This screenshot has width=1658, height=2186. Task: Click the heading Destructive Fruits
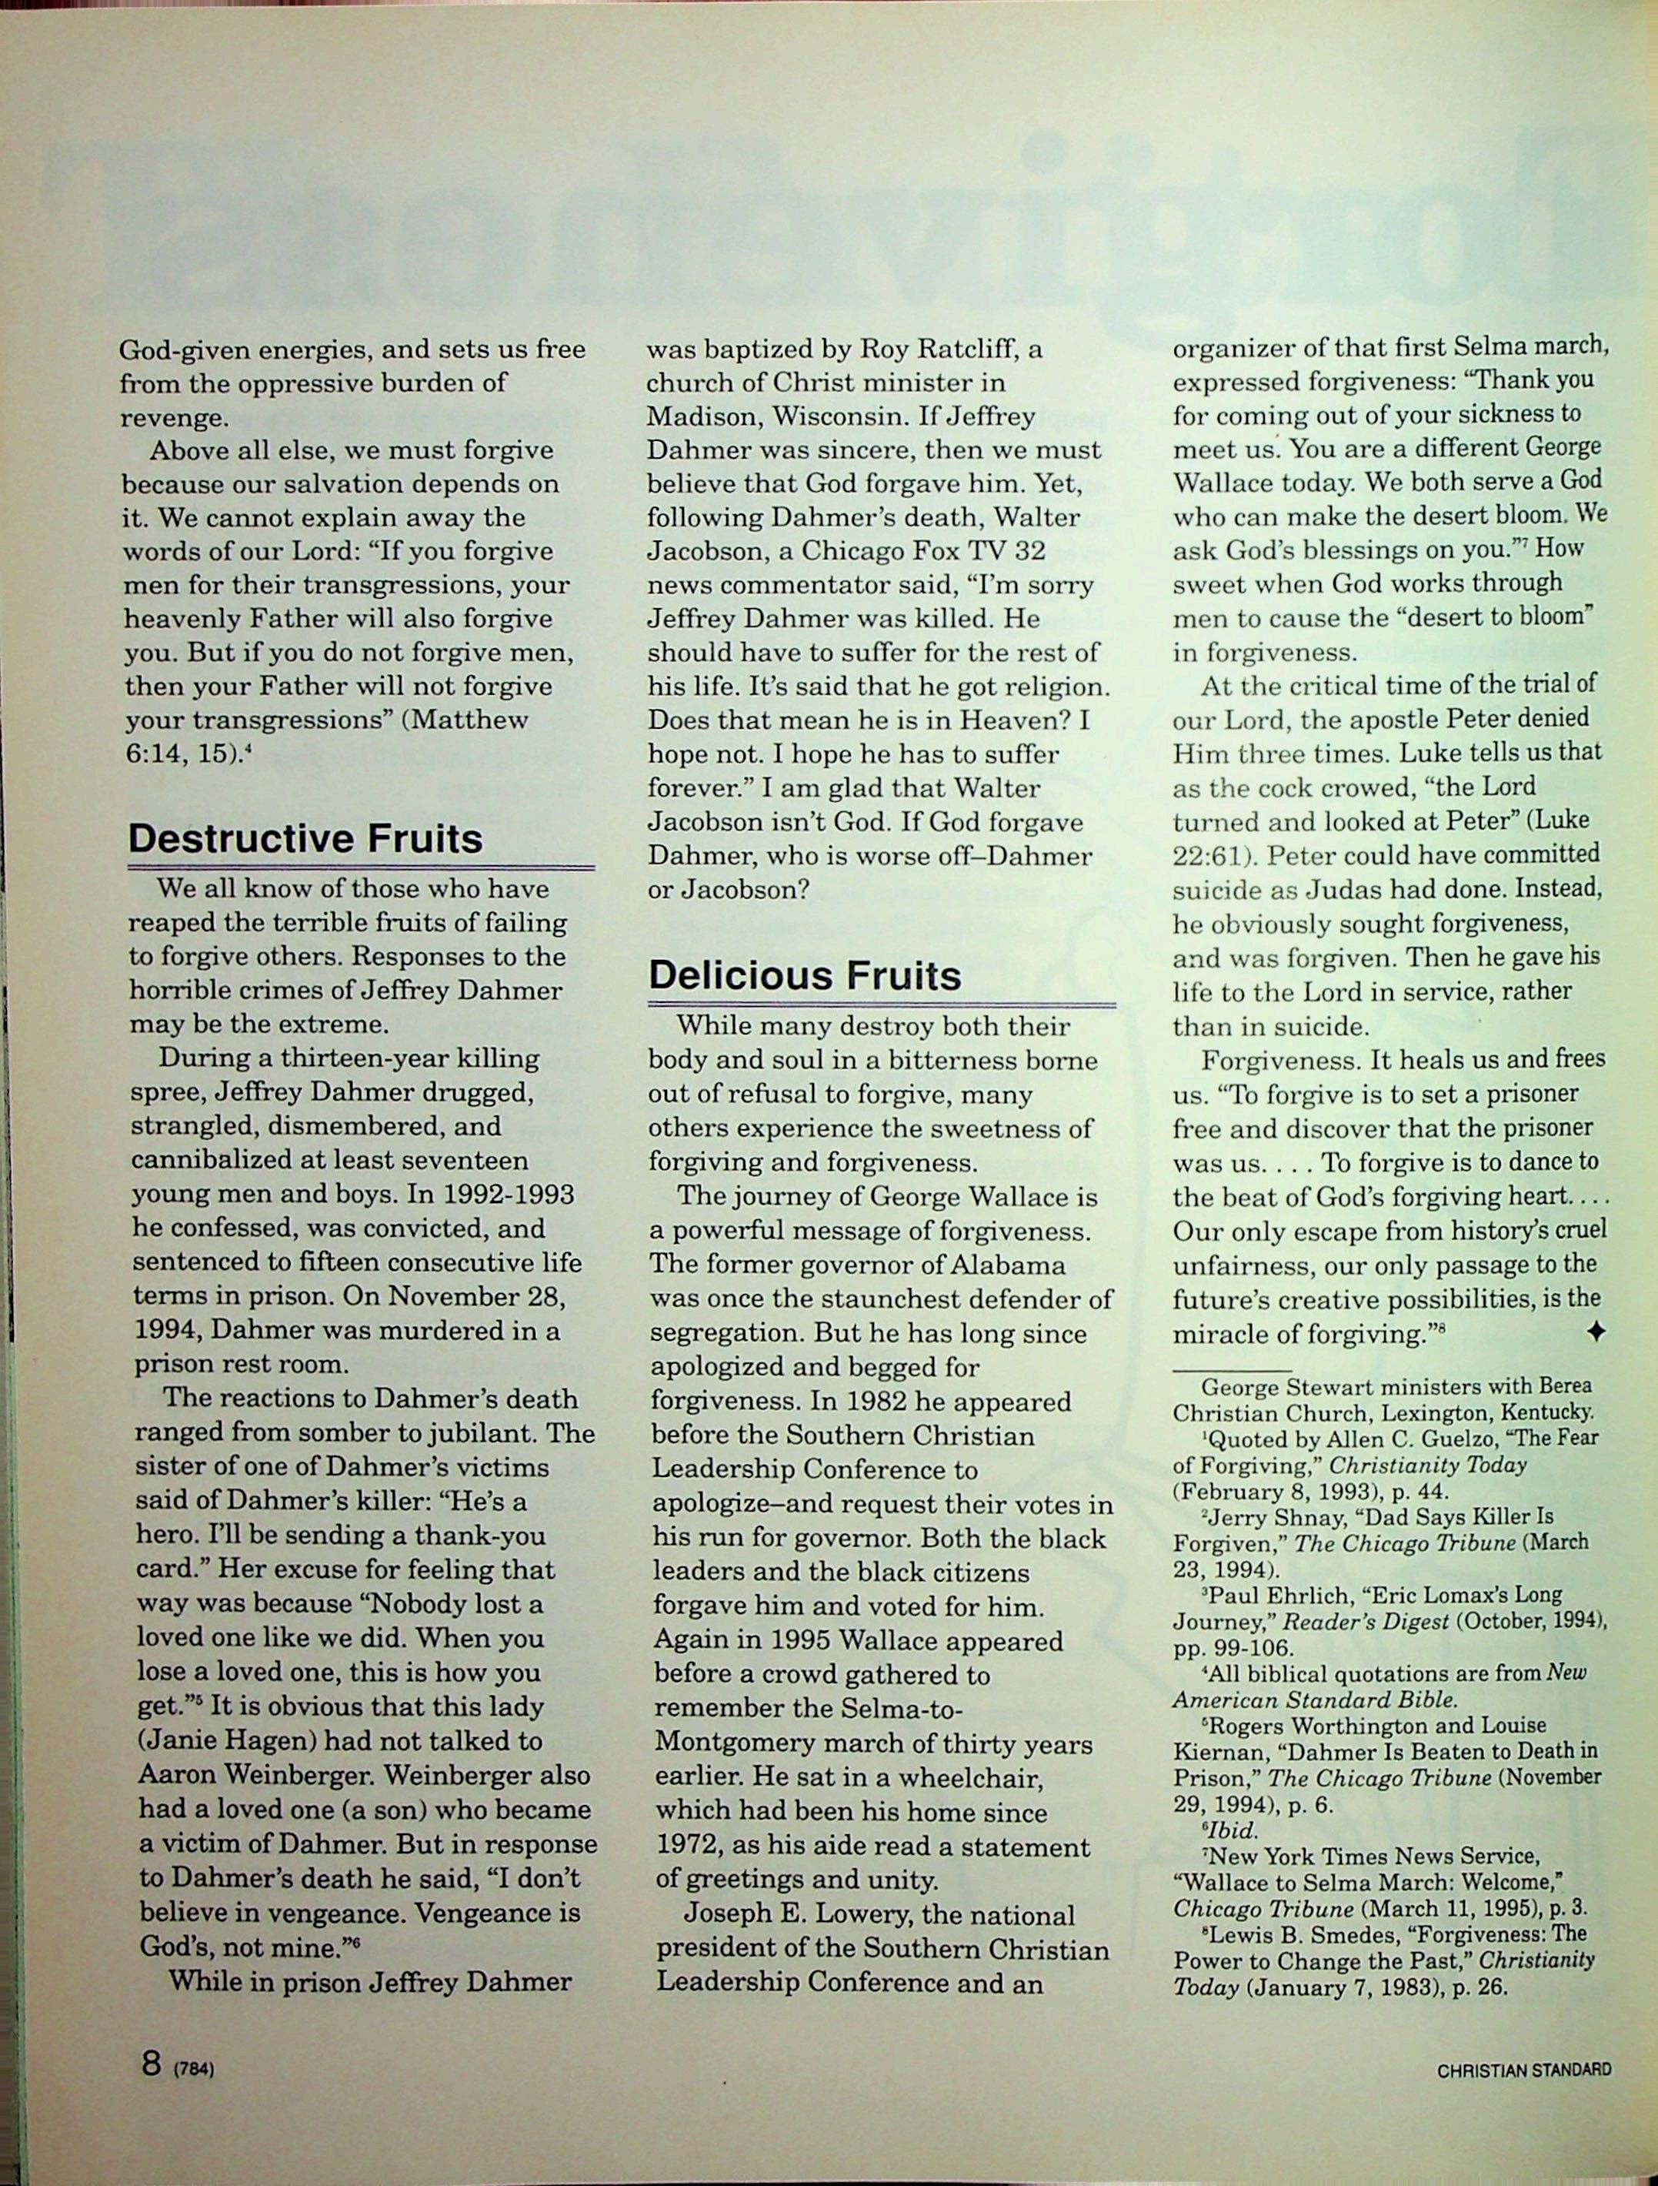305,838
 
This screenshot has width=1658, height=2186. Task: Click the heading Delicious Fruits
804,975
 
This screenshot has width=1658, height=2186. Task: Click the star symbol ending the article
1595,1332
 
